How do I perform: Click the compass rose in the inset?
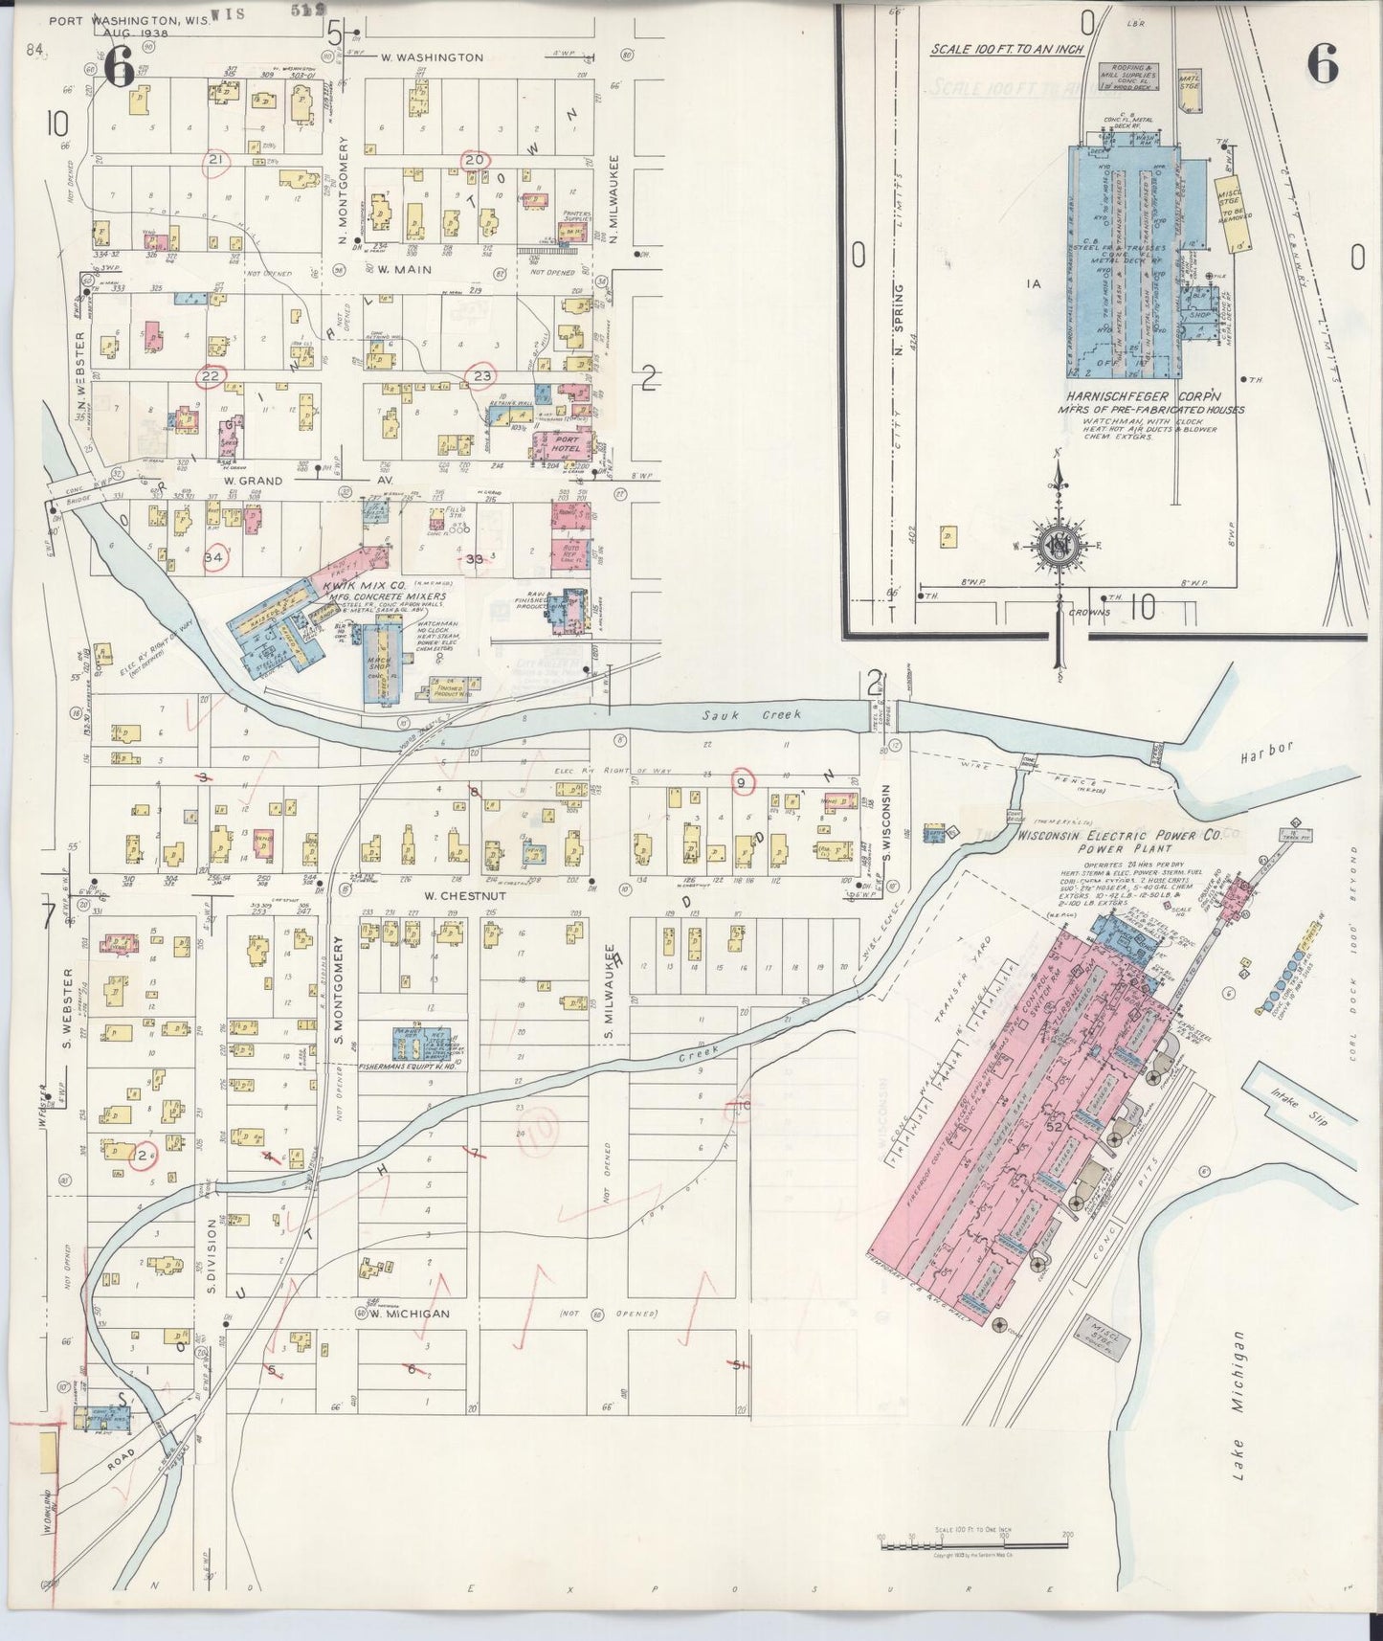click(1060, 545)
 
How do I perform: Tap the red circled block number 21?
click(216, 159)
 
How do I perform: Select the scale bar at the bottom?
click(973, 1540)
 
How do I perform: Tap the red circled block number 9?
click(742, 781)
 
